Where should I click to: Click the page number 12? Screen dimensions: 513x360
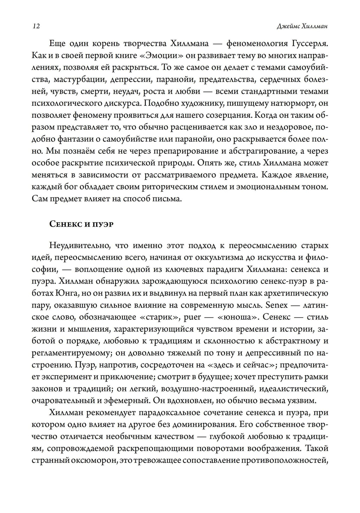36,26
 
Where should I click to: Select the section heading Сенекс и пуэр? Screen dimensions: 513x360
81,224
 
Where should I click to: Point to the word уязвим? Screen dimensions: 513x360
303,400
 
